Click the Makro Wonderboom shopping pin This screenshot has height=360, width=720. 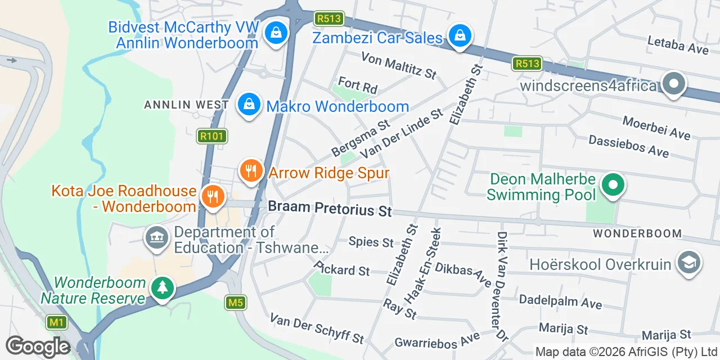(x=248, y=105)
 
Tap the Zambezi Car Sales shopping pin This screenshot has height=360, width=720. (x=460, y=36)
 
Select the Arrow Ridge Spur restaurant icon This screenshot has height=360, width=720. (x=251, y=171)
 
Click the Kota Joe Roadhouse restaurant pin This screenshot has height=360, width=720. (x=213, y=197)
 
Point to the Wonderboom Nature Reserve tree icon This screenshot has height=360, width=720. (x=163, y=289)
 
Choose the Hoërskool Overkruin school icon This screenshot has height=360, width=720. (x=688, y=263)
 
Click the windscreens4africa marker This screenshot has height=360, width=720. (x=673, y=84)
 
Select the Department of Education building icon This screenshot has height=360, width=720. (x=157, y=238)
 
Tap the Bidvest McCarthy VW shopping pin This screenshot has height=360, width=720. (x=276, y=33)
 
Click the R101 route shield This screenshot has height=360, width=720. (x=211, y=136)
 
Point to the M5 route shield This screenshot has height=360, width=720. (x=236, y=303)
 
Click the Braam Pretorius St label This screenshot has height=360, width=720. (x=330, y=209)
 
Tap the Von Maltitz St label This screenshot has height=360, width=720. (x=399, y=66)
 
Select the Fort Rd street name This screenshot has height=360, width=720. (x=358, y=86)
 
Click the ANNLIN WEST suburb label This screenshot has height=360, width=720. (x=186, y=105)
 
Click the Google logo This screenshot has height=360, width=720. (x=38, y=346)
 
